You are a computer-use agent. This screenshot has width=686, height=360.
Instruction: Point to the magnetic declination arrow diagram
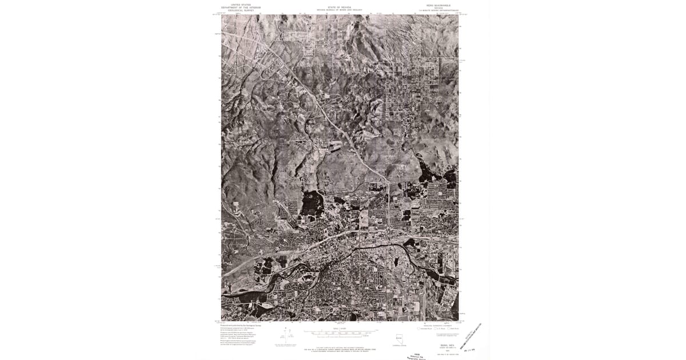[x=286, y=335]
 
